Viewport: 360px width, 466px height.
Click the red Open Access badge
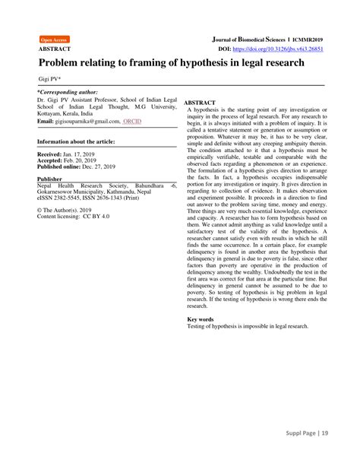tap(54, 39)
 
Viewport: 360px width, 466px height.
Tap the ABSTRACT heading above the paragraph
tap(201, 102)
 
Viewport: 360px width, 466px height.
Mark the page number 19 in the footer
tap(346, 454)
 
